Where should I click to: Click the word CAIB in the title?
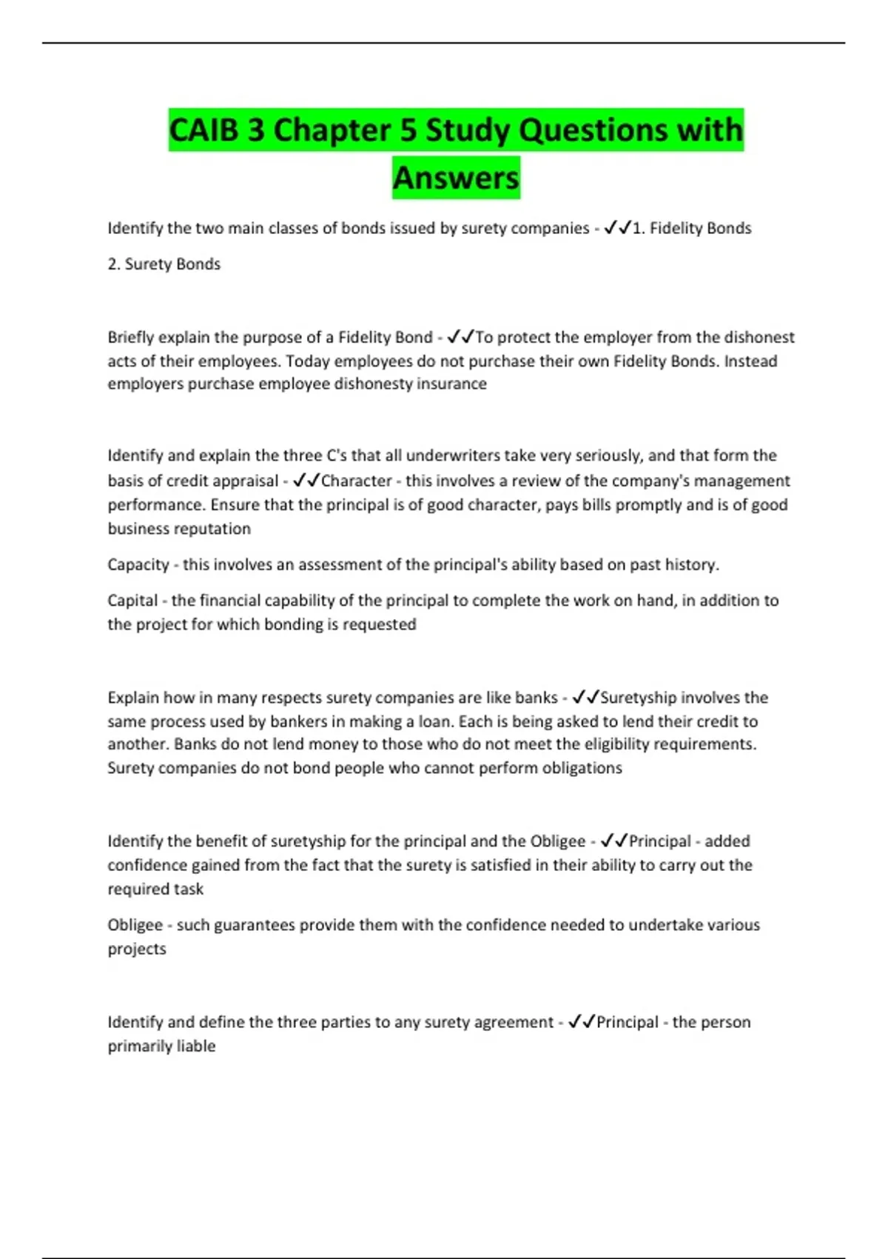tap(204, 130)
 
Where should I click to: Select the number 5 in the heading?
tap(408, 130)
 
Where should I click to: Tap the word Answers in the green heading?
tap(456, 178)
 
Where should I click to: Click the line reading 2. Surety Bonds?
tap(164, 264)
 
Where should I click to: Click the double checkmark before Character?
tap(306, 481)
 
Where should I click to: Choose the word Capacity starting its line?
tap(138, 565)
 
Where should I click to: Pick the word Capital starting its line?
tap(132, 601)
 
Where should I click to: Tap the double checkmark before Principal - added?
tap(614, 841)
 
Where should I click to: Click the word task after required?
tap(188, 889)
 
